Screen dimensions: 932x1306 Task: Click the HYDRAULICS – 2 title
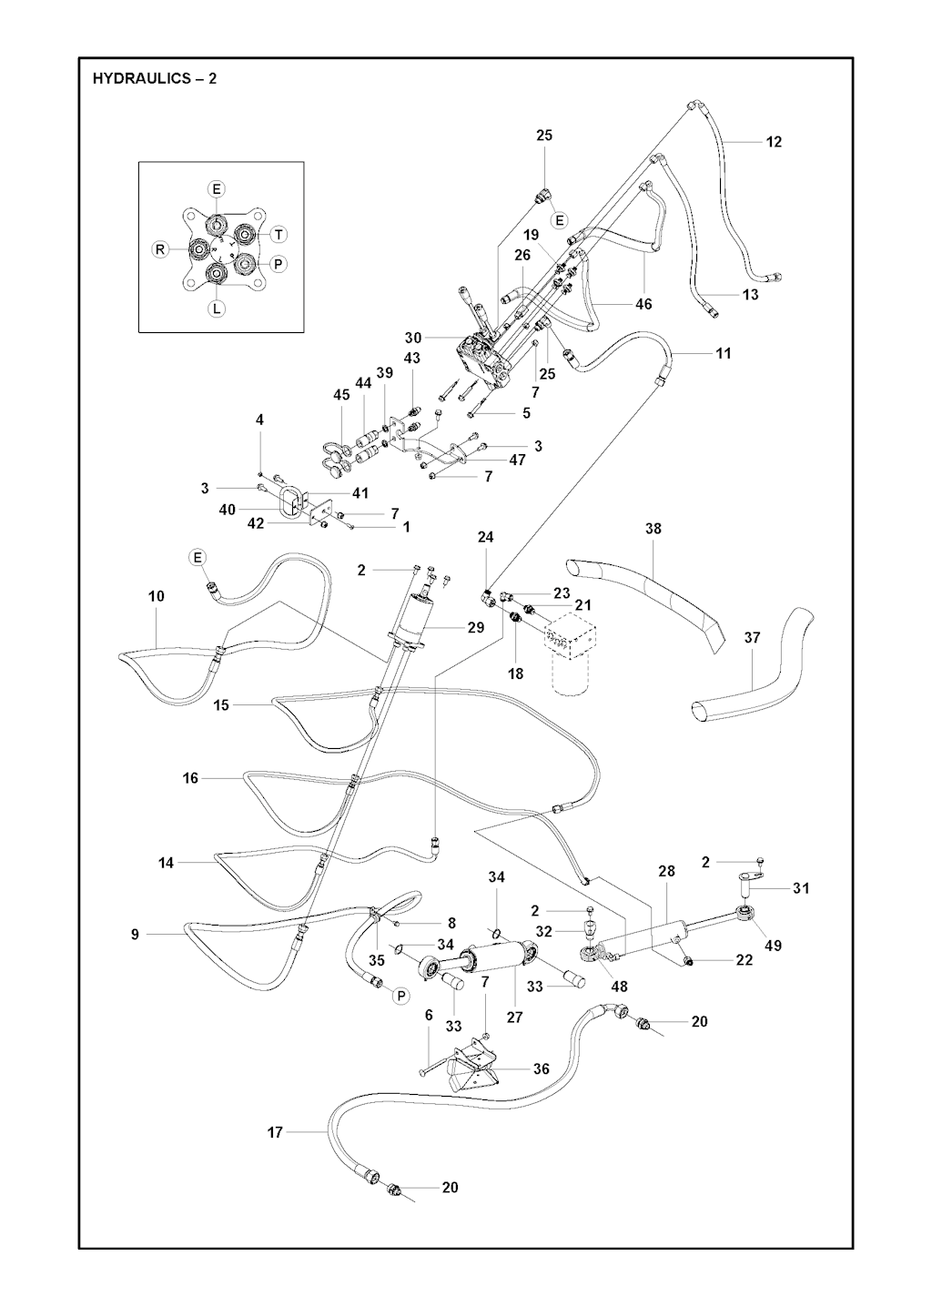[155, 78]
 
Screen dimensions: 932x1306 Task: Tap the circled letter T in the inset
[279, 235]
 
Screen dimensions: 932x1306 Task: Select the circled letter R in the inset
[159, 249]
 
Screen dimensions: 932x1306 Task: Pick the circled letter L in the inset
[217, 309]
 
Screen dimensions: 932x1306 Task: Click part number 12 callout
[774, 142]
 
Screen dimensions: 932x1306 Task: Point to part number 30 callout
[413, 338]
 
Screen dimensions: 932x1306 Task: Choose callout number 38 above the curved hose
[653, 529]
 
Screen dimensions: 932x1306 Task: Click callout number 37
[753, 638]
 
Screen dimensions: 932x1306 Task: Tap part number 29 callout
[476, 627]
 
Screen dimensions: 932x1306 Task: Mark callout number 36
[542, 1068]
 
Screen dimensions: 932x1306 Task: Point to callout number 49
[773, 945]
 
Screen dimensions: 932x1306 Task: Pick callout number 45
[341, 395]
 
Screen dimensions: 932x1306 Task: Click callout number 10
[157, 596]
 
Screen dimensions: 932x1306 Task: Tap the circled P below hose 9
[400, 996]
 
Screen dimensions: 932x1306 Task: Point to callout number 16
[190, 778]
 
